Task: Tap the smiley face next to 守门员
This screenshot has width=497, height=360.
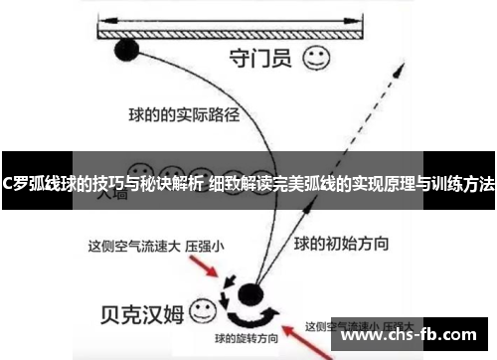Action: (x=317, y=57)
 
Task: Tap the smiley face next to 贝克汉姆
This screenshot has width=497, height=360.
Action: (x=203, y=310)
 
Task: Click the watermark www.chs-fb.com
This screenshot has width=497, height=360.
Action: (x=414, y=336)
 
